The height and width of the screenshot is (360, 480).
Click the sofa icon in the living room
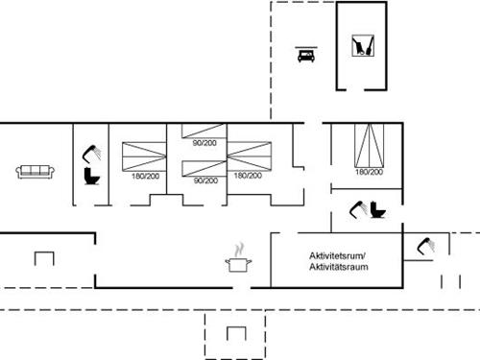pos(35,171)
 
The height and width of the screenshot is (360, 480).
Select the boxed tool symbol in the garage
pos(362,45)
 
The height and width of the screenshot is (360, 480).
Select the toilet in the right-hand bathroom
pos(378,210)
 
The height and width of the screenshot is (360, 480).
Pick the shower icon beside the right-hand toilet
pos(358,207)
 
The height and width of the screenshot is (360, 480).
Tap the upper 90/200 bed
pos(204,133)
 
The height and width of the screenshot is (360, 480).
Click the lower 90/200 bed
pos(204,169)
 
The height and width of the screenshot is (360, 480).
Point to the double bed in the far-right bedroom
pos(367,145)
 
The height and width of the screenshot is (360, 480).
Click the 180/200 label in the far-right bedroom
pos(369,172)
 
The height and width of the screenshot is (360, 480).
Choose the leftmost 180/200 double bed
pos(144,155)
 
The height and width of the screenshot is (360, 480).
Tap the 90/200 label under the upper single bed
pos(204,144)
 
